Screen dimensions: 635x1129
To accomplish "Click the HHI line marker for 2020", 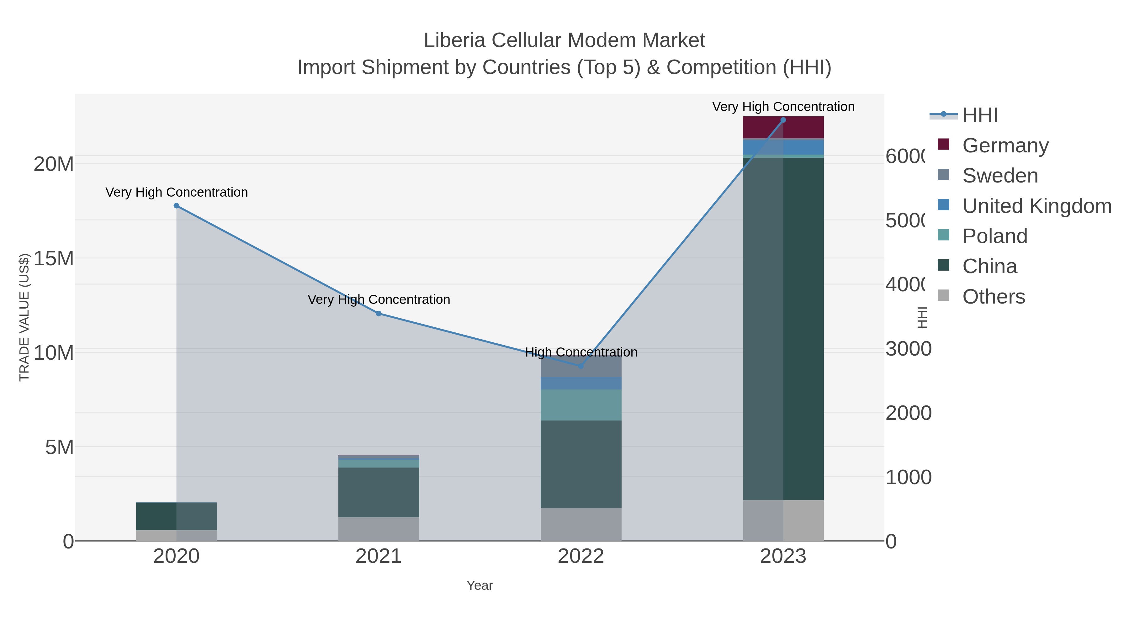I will pyautogui.click(x=177, y=205).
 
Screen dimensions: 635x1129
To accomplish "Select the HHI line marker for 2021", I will pyautogui.click(x=379, y=313).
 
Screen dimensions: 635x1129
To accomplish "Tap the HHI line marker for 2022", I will pyautogui.click(x=581, y=366).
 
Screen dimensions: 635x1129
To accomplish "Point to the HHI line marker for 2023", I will pyautogui.click(x=783, y=120).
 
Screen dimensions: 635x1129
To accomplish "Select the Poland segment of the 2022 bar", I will pyautogui.click(x=581, y=405).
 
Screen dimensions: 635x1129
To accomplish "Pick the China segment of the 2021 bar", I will pyautogui.click(x=379, y=492).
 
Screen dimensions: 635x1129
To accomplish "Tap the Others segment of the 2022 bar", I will pyautogui.click(x=581, y=524).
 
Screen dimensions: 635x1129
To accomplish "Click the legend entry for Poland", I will pyautogui.click(x=995, y=236).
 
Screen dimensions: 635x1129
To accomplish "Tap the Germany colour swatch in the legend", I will pyautogui.click(x=944, y=145).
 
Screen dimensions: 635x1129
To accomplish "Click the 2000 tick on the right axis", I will pyautogui.click(x=908, y=413).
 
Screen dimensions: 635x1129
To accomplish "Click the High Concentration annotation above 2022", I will pyautogui.click(x=581, y=352).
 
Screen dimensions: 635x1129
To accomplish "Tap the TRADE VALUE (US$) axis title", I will pyautogui.click(x=24, y=317).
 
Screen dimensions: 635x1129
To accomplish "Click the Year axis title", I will pyautogui.click(x=480, y=585).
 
